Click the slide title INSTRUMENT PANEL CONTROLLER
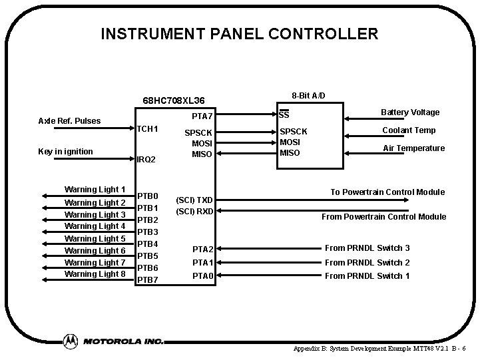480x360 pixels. click(239, 33)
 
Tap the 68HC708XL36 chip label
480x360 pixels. click(174, 100)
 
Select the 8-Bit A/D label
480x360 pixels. click(309, 95)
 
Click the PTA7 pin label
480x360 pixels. click(202, 117)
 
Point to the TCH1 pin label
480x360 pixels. click(147, 128)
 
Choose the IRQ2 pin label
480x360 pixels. click(146, 160)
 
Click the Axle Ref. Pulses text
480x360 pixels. click(69, 120)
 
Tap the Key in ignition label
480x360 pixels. click(65, 152)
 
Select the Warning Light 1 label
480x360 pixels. click(95, 190)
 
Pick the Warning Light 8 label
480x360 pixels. click(95, 273)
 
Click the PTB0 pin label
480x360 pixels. click(147, 196)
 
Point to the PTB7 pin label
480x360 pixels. click(147, 280)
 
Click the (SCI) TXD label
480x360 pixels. click(194, 200)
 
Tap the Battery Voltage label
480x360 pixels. click(410, 112)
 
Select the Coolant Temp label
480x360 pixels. click(409, 130)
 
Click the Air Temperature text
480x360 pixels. click(413, 148)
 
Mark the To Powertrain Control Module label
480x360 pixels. click(387, 192)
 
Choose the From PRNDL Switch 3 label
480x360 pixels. click(367, 248)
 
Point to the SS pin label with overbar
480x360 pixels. click(283, 114)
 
